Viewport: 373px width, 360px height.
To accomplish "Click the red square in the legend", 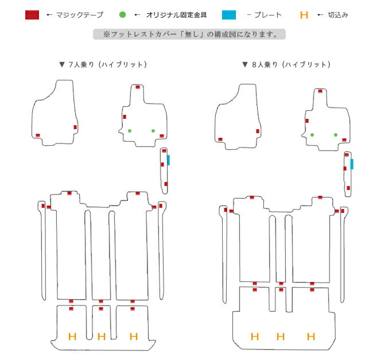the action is [32, 15].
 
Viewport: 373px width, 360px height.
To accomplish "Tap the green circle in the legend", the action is [122, 15].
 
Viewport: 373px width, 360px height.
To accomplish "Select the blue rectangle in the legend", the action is [229, 15].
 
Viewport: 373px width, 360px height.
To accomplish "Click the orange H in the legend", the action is [304, 15].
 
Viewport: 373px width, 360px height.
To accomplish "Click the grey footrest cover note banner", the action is [189, 34].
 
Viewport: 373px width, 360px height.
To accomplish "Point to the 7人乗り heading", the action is [103, 64].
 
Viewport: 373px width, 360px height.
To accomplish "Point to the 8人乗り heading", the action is [286, 64].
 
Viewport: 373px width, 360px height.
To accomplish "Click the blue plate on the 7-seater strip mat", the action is [168, 160].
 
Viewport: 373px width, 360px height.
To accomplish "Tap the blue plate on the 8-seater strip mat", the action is [352, 164].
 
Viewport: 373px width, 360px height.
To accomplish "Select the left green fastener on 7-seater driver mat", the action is [130, 131].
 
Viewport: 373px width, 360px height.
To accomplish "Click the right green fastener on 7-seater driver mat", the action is [153, 131].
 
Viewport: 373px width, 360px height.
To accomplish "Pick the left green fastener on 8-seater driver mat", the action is [312, 135].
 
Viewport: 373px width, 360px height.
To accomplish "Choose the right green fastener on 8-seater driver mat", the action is [336, 135].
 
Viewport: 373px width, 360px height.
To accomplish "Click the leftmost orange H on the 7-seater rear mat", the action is [72, 336].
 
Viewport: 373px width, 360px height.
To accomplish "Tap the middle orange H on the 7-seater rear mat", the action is [102, 336].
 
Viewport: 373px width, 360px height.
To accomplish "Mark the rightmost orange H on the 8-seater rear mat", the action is [311, 336].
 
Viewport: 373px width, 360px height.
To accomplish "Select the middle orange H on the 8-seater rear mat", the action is [281, 336].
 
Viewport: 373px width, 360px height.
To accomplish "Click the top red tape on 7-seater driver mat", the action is [138, 87].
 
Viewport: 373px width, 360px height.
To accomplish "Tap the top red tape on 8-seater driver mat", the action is [320, 91].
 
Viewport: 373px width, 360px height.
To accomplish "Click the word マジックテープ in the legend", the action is [80, 15].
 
